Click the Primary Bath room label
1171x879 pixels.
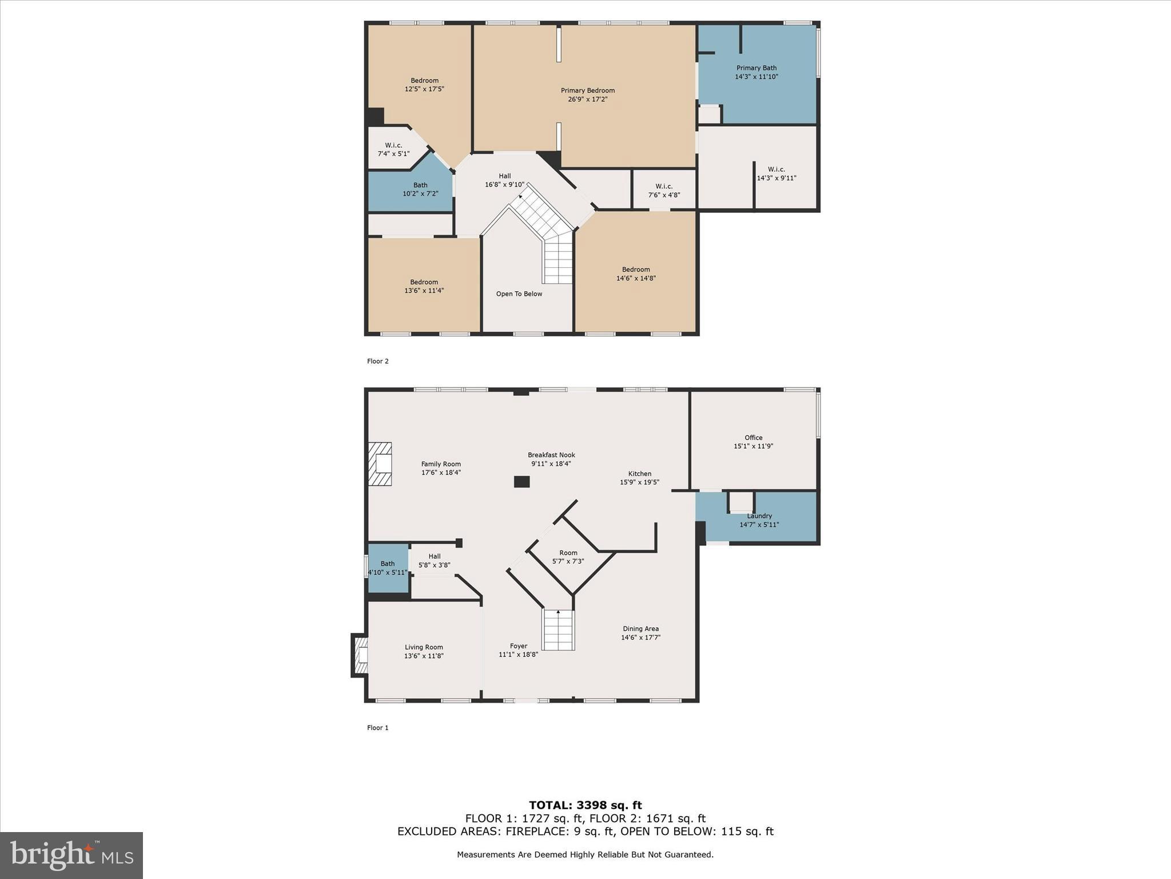coord(756,68)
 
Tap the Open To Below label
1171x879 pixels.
coord(519,294)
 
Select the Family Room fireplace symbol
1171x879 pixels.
coord(380,464)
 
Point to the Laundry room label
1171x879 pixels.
coord(759,516)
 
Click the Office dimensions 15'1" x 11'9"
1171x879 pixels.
coord(753,446)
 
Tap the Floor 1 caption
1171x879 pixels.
coord(377,728)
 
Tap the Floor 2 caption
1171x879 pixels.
coord(377,361)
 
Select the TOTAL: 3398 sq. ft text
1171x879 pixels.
coord(585,805)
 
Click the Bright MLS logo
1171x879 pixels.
coord(71,856)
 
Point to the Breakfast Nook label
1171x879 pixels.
coord(551,455)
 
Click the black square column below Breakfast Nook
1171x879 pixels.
coord(521,482)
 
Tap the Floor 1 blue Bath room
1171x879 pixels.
coord(388,568)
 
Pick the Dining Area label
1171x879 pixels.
coord(640,629)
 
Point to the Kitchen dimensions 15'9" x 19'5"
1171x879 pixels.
coord(639,482)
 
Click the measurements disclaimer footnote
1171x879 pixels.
coord(585,854)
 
